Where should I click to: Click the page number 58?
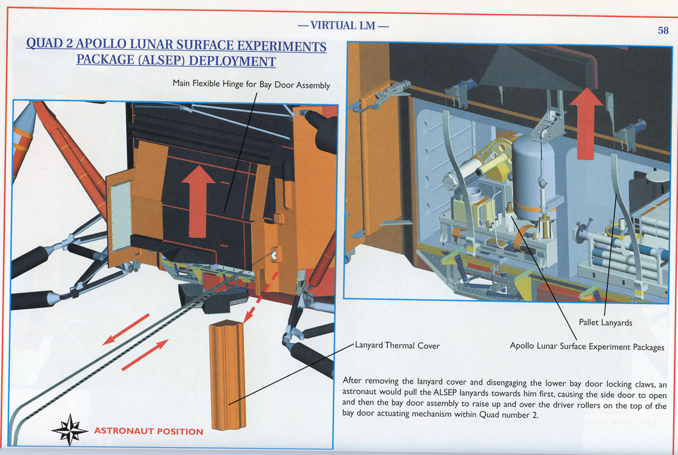click(x=663, y=30)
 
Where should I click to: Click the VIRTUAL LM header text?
click(x=343, y=25)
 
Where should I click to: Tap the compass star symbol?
click(x=69, y=430)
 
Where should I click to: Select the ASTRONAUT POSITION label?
click(x=149, y=431)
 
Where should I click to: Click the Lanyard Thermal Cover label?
click(x=397, y=346)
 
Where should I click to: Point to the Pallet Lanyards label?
click(x=605, y=323)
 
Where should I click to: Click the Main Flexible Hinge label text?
click(x=251, y=84)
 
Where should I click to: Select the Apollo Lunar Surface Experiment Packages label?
click(x=587, y=346)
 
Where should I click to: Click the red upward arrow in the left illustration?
click(x=198, y=201)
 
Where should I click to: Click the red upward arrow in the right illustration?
click(x=586, y=123)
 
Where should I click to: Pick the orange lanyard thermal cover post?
click(x=228, y=375)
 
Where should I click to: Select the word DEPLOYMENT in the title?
click(x=232, y=61)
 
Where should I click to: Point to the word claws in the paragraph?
click(x=645, y=384)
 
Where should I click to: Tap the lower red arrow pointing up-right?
click(x=145, y=355)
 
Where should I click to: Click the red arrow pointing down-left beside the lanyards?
click(x=126, y=329)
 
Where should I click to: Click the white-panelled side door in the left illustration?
click(x=120, y=216)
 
